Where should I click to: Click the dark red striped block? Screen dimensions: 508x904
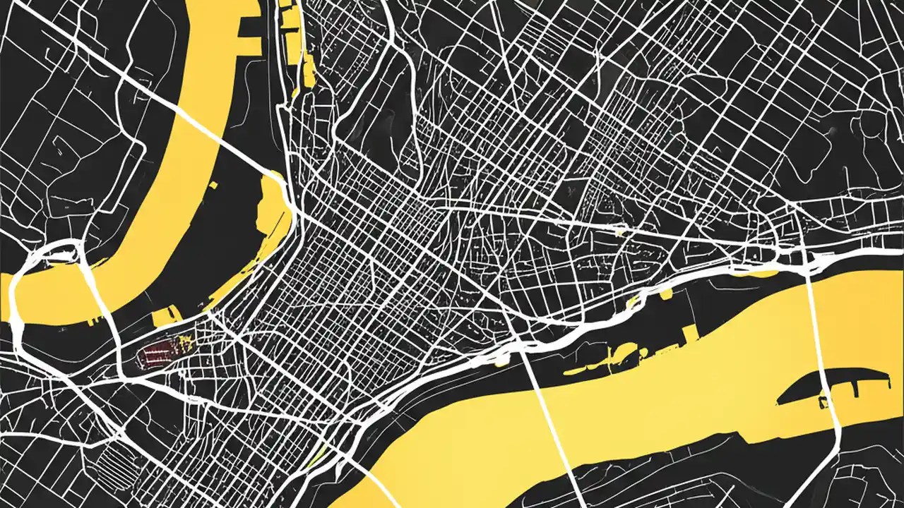(x=158, y=351)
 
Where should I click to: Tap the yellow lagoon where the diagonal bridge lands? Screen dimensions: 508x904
(x=272, y=212)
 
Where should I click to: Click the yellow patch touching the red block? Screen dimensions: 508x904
(x=185, y=343)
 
